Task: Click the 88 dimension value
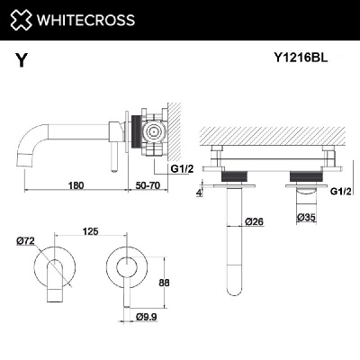coord(165,281)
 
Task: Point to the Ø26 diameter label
coord(254,221)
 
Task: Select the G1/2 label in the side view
coord(184,168)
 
